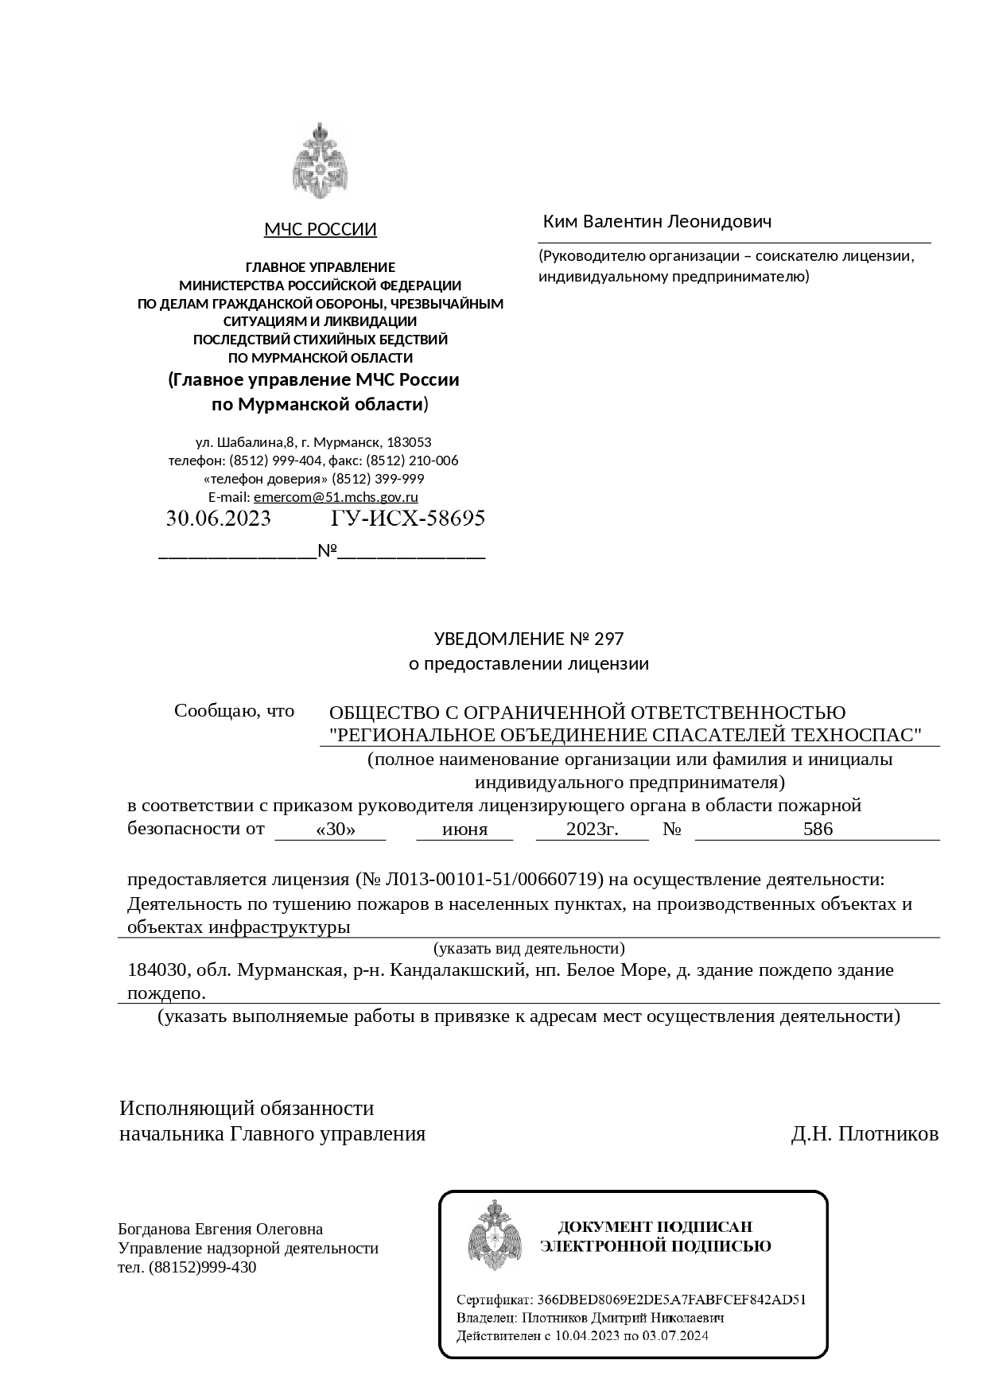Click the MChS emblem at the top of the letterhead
[320, 162]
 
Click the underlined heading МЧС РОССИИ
[320, 231]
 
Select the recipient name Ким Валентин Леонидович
[657, 221]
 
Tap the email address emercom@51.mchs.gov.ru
[336, 498]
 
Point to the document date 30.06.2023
[218, 519]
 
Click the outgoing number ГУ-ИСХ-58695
[407, 519]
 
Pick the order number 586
[818, 830]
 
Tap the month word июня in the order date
[464, 830]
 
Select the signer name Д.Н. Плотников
[865, 1134]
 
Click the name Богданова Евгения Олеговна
[220, 1230]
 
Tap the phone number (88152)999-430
[202, 1268]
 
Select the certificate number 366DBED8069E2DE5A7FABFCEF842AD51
[671, 1300]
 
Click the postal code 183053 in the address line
[409, 442]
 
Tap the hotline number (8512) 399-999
[378, 479]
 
